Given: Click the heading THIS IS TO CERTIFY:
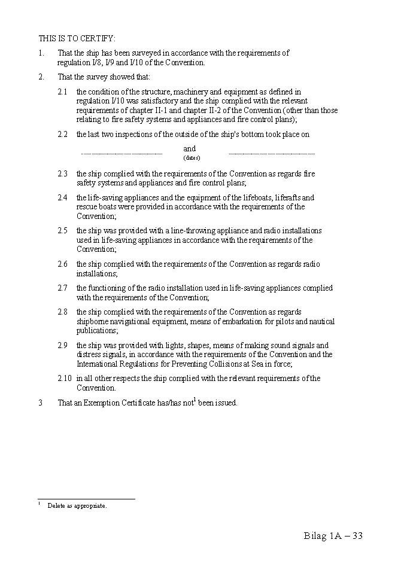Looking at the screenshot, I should pyautogui.click(x=77, y=38).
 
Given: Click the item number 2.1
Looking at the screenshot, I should pyautogui.click(x=62, y=92).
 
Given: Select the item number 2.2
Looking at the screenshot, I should pyautogui.click(x=62, y=135).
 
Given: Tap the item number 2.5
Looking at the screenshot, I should pyautogui.click(x=62, y=230).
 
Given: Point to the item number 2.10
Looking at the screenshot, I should pyautogui.click(x=64, y=378).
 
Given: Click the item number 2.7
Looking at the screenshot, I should pyautogui.click(x=62, y=288).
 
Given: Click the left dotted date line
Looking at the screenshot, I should pyautogui.click(x=121, y=154).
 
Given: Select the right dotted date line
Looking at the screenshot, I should pyautogui.click(x=271, y=154).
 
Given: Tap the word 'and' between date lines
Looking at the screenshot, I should pyautogui.click(x=189, y=148).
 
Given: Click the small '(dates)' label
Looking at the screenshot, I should pyautogui.click(x=192, y=158).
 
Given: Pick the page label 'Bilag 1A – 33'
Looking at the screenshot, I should pyautogui.click(x=333, y=535).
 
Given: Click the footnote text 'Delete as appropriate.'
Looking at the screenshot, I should pyautogui.click(x=77, y=506).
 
